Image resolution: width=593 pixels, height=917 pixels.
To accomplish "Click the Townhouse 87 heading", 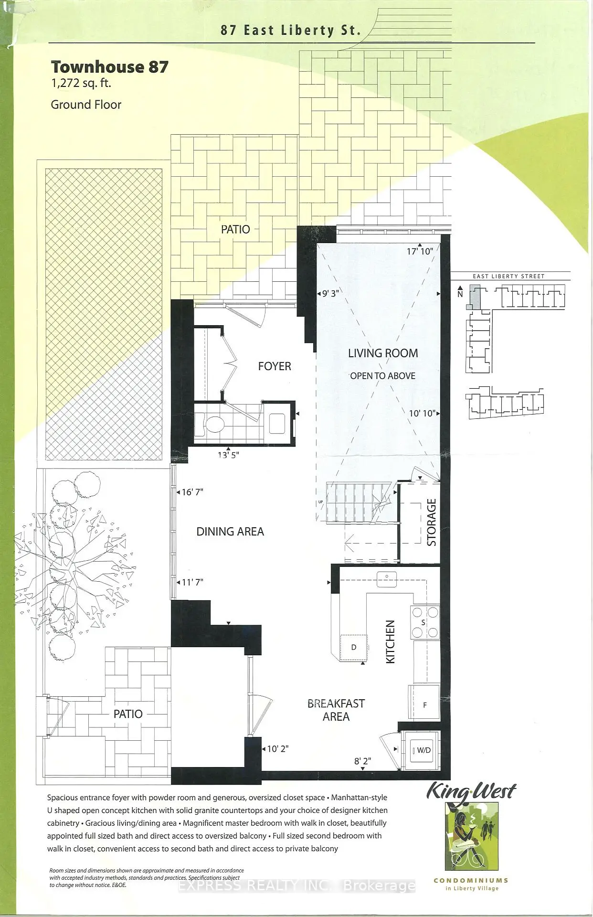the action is pyautogui.click(x=110, y=66).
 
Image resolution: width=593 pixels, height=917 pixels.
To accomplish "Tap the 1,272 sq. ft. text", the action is pyautogui.click(x=81, y=83).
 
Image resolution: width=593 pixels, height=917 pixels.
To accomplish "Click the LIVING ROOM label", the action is pyautogui.click(x=383, y=353).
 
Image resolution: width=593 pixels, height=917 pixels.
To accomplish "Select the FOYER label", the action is pyautogui.click(x=275, y=366).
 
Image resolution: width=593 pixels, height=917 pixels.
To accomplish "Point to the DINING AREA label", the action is pyautogui.click(x=230, y=532).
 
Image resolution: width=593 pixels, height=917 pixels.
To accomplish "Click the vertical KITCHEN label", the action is pyautogui.click(x=391, y=641).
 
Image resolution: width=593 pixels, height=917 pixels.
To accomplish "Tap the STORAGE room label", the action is pyautogui.click(x=432, y=522).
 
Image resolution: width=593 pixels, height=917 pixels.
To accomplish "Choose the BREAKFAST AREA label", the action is pyautogui.click(x=336, y=710).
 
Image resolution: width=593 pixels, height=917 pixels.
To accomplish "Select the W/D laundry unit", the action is pyautogui.click(x=421, y=750).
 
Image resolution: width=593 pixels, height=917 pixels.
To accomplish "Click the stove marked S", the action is pyautogui.click(x=424, y=622).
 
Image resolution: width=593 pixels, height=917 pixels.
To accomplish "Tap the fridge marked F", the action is pyautogui.click(x=424, y=702).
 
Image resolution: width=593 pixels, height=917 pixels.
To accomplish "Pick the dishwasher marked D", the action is pyautogui.click(x=353, y=648).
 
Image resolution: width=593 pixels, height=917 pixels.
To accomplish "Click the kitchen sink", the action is pyautogui.click(x=387, y=579).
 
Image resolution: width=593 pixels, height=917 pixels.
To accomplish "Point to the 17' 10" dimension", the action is pyautogui.click(x=420, y=251).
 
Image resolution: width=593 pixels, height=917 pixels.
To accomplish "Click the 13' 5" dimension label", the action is pyautogui.click(x=228, y=455).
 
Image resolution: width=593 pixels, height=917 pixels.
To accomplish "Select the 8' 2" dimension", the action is pyautogui.click(x=363, y=761).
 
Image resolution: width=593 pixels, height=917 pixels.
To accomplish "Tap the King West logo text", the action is pyautogui.click(x=471, y=791).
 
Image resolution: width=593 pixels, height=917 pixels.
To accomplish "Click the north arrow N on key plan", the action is pyautogui.click(x=460, y=292).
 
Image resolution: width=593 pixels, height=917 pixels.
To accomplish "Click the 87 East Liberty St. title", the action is pyautogui.click(x=290, y=31).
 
